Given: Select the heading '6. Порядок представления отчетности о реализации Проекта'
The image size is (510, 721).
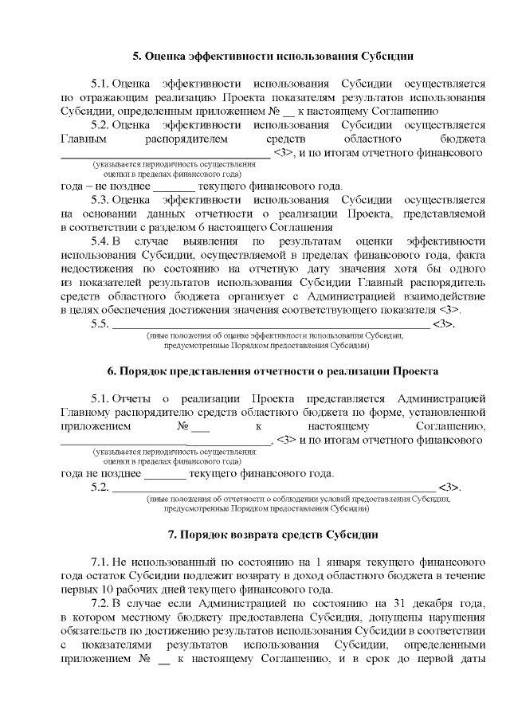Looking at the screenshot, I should click(273, 371).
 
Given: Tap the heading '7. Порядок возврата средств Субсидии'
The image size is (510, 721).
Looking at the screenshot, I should click(273, 534).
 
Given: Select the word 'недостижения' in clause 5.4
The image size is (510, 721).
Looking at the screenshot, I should click(96, 268).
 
